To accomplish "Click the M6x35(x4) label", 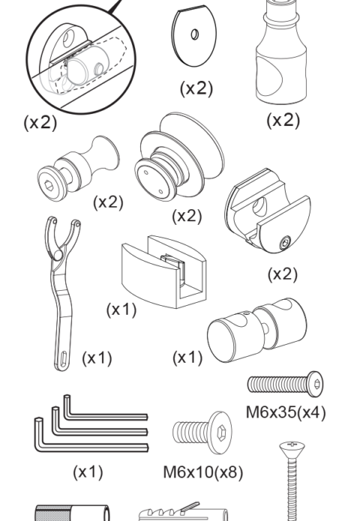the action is point(286,412).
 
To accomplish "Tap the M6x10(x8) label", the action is point(202,472).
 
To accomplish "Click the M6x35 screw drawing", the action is point(285,384).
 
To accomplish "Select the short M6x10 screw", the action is point(202,433).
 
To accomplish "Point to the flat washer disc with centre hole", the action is point(194,35).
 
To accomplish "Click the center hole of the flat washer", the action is point(195,34).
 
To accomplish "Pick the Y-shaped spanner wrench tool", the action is point(62,292).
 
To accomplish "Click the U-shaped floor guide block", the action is point(163,272).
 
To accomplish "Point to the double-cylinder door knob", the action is point(256,330).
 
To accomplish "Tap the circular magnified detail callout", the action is point(81,59).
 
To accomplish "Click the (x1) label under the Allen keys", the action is point(88,472).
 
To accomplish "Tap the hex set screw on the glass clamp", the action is point(285,243).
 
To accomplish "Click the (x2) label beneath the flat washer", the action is point(196,88).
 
